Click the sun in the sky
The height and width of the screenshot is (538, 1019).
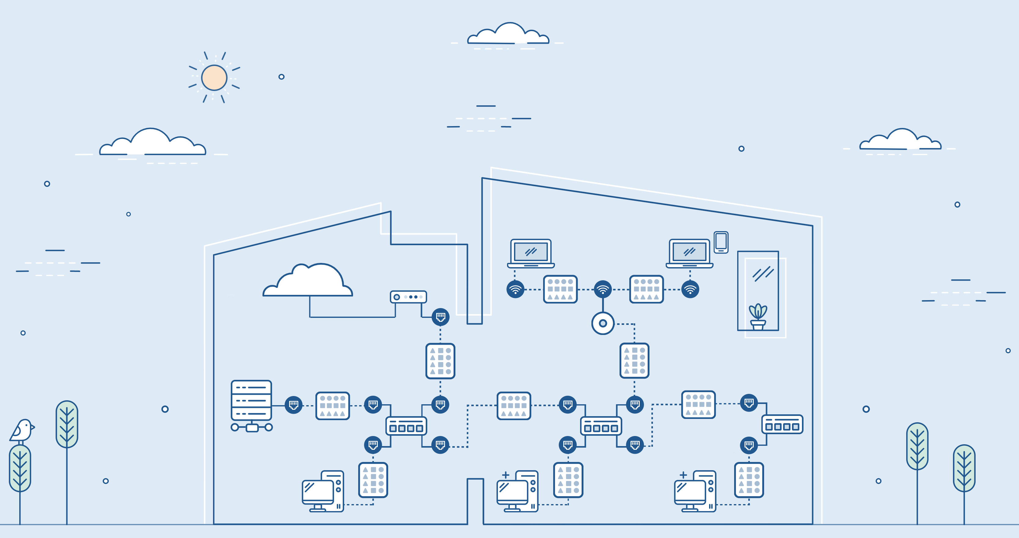tap(214, 78)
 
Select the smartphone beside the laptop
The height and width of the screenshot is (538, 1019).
tap(721, 242)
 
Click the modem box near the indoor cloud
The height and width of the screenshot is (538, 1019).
tap(408, 297)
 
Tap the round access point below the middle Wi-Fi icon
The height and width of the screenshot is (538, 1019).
tap(602, 323)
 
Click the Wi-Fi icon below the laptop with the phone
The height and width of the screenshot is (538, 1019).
tap(690, 289)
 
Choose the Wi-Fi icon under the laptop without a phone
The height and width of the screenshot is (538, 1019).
tap(515, 289)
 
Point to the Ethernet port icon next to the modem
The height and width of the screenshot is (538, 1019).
tap(440, 317)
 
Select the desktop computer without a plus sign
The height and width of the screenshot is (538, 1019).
tap(322, 491)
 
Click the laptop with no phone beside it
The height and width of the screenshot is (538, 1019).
tap(531, 253)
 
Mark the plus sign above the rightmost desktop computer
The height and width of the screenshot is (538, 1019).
tap(683, 475)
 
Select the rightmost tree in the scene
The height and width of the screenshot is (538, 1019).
tap(964, 468)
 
